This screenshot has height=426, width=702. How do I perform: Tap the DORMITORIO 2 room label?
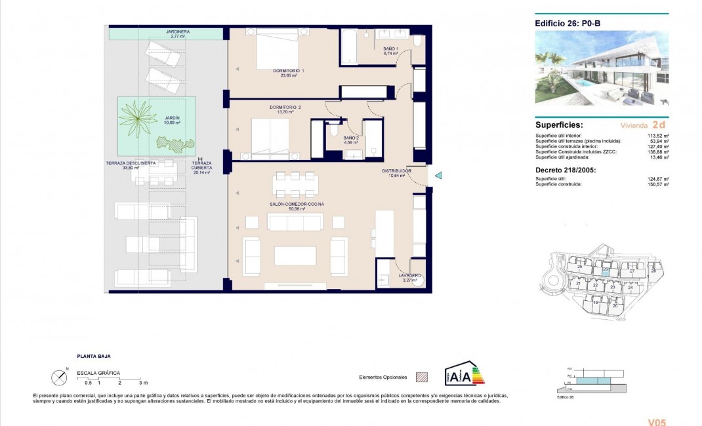point(285,107)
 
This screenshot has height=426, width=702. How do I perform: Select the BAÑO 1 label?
point(390,49)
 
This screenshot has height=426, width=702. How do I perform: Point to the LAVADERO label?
point(410,275)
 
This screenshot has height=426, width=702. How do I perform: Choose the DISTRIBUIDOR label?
point(397,171)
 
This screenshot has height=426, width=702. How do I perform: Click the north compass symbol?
point(60,377)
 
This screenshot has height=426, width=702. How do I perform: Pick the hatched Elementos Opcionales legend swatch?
point(423,378)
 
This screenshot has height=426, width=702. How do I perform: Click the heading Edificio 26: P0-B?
point(568,24)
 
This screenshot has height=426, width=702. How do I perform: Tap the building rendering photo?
point(602,68)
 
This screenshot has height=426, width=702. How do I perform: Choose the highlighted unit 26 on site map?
point(606,270)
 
